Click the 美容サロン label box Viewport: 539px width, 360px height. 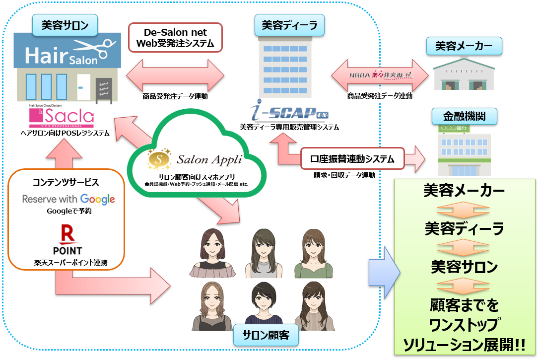(65, 25)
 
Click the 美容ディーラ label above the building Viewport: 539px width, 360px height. (289, 25)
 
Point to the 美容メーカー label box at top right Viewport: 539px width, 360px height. (464, 47)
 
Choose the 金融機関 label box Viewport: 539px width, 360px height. (464, 117)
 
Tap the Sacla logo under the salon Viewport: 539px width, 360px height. (62, 117)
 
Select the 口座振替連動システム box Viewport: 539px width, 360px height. (352, 159)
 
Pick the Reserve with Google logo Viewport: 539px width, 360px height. (68, 199)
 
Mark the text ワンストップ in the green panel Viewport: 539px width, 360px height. (465, 324)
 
